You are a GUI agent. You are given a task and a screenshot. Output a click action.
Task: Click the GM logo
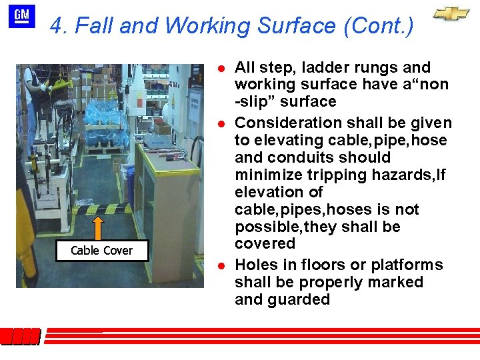[x=21, y=16]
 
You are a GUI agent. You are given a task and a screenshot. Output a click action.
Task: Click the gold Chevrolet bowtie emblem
[x=451, y=14]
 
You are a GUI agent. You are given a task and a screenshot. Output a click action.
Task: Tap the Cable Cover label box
[x=101, y=251]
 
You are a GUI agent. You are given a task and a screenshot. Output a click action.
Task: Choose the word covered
[x=265, y=244]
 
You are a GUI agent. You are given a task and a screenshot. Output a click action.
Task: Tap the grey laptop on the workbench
[x=159, y=141]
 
